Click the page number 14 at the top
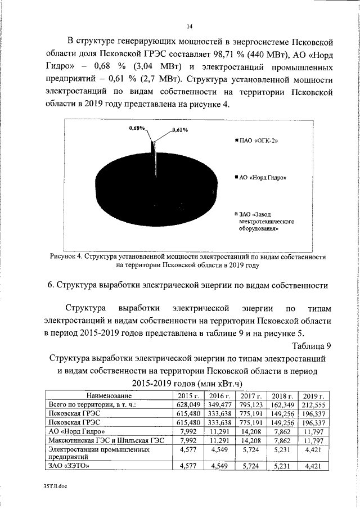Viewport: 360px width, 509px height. click(x=190, y=26)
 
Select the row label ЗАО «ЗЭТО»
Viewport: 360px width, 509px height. click(x=69, y=466)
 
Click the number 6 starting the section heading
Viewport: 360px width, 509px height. click(x=51, y=285)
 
